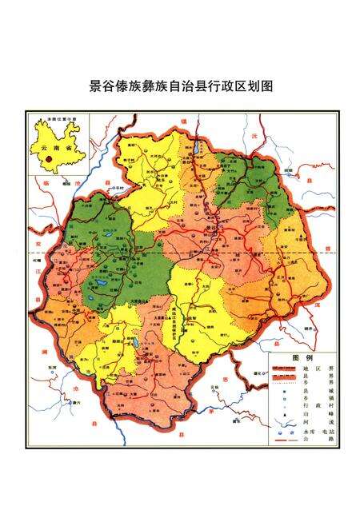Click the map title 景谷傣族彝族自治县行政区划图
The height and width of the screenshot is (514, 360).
(x=180, y=86)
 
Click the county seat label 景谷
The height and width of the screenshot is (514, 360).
(x=211, y=228)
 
